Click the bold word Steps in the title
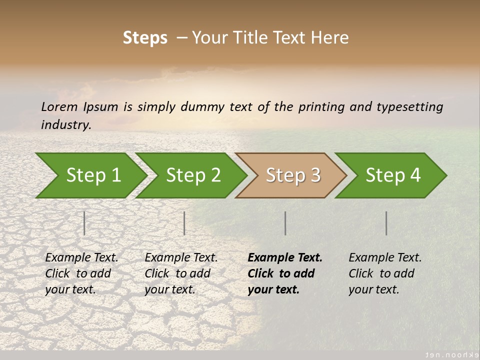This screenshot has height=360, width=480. [x=145, y=37]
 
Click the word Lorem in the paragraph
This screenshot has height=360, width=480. [x=59, y=106]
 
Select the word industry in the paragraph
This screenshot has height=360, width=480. [x=66, y=124]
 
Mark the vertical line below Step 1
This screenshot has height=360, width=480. [x=84, y=223]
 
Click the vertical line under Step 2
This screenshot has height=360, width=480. [x=184, y=223]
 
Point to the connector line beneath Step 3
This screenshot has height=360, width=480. [x=285, y=223]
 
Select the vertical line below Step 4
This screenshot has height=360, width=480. [x=386, y=223]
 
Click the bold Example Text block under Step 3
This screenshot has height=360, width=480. [x=284, y=273]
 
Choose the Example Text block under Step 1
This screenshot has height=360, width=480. [x=81, y=273]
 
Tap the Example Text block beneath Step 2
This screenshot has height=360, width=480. [x=180, y=273]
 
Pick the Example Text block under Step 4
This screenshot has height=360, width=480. [x=384, y=273]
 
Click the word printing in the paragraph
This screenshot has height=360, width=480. [x=317, y=106]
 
